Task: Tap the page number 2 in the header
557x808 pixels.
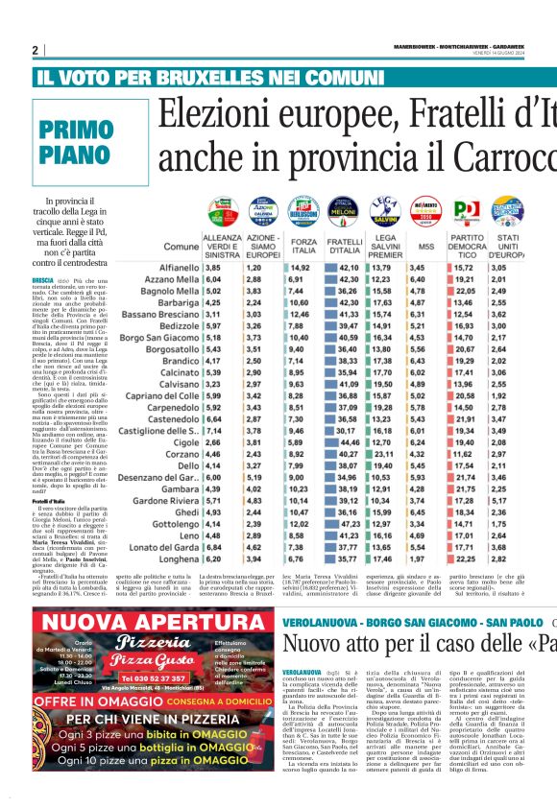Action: click(35, 50)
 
